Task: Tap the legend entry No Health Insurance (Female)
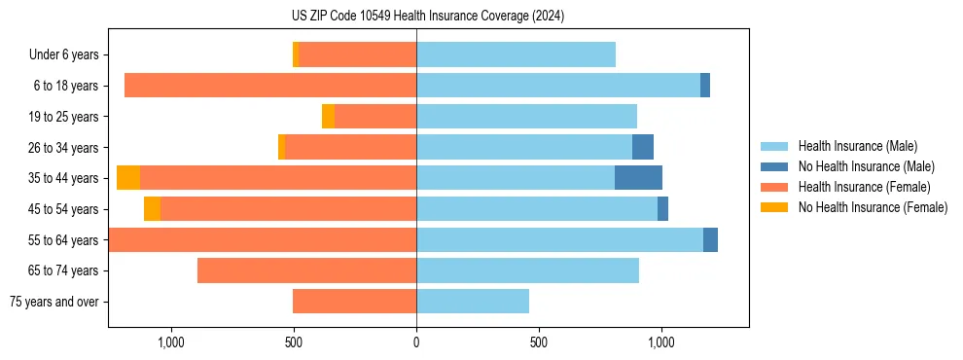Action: coord(873,207)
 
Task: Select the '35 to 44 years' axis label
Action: coord(63,178)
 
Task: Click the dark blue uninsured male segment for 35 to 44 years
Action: coord(638,178)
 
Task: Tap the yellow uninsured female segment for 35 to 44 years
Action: coord(128,178)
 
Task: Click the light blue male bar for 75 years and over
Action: coord(473,302)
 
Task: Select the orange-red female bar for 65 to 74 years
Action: coord(306,270)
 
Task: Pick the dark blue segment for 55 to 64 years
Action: coord(710,239)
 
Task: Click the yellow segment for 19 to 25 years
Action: coord(328,117)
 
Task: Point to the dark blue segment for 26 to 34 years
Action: coord(643,147)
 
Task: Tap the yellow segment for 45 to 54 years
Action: coord(152,209)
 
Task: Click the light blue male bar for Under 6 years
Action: coord(516,55)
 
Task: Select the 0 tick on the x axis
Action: coord(416,342)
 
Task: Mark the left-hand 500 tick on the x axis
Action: coord(294,342)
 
